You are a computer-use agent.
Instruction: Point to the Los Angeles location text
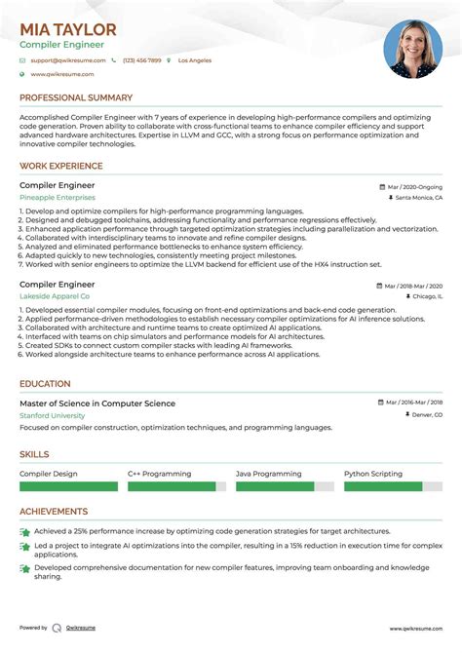coord(194,60)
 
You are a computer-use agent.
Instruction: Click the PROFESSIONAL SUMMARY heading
coord(76,97)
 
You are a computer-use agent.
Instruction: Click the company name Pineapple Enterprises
coord(58,197)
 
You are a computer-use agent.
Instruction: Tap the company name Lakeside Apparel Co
coord(55,295)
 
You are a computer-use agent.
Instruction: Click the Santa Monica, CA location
coord(419,197)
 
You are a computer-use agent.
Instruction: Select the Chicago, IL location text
coord(425,295)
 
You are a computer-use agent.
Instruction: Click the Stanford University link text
coord(52,415)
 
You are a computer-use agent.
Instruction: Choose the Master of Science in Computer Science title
coord(97,403)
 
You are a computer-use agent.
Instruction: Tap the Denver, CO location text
coord(424,414)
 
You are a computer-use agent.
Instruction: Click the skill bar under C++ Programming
coord(172,485)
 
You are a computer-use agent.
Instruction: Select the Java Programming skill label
coord(265,474)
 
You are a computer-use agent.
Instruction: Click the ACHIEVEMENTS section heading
coord(54,511)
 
